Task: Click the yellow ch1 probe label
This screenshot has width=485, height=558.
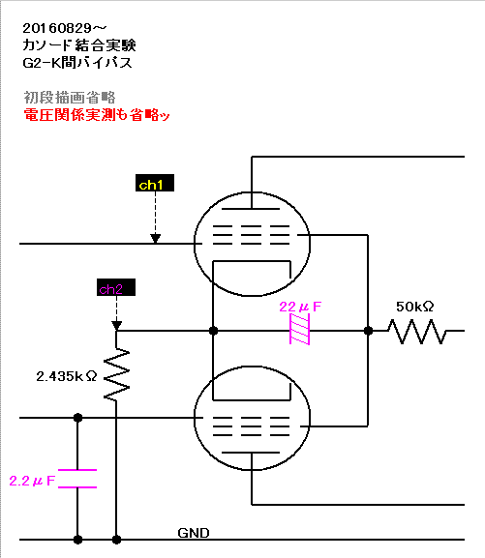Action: click(155, 183)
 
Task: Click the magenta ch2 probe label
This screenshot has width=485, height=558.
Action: click(116, 287)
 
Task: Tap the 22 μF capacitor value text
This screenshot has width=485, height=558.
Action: click(300, 307)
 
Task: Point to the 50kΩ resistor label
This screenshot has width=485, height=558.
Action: click(414, 307)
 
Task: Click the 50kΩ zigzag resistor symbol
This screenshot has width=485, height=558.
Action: click(416, 332)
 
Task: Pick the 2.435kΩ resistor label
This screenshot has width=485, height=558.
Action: click(67, 376)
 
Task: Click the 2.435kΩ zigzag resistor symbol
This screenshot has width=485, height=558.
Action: click(116, 374)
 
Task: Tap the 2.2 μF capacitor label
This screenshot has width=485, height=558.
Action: click(32, 481)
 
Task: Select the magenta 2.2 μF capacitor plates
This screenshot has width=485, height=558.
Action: click(77, 479)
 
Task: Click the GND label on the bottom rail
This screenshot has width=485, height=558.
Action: click(194, 533)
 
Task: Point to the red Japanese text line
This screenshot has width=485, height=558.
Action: click(96, 115)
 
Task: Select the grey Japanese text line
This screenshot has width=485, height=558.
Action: click(70, 97)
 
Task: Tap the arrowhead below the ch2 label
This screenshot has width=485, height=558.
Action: click(116, 325)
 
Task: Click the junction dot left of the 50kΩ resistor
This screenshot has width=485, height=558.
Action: click(368, 331)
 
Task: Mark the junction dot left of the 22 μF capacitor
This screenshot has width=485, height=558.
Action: click(213, 331)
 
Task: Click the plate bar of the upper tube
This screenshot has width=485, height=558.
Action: click(251, 209)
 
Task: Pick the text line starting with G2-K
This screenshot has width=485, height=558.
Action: click(77, 63)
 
